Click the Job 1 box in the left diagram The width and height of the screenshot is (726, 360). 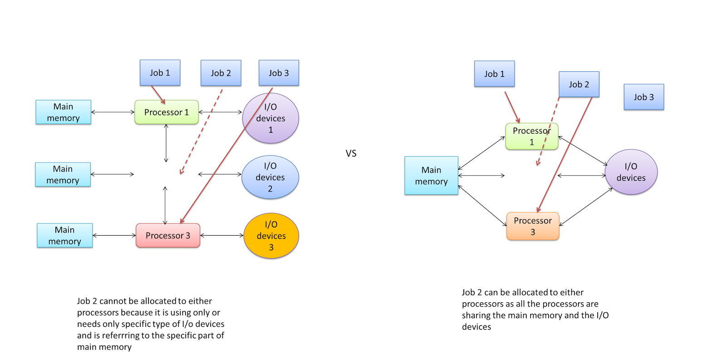160,73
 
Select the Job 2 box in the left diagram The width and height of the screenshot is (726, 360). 221,73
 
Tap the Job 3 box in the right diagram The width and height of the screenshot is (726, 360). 643,97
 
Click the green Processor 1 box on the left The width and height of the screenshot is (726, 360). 166,112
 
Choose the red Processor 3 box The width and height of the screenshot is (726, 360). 167,235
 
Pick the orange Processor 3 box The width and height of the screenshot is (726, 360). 532,226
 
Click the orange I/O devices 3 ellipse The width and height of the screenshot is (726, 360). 271,236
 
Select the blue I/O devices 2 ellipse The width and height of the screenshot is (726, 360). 270,177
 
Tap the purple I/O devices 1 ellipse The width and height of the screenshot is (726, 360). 270,118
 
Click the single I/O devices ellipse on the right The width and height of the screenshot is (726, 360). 631,172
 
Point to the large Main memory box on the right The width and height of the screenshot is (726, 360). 431,175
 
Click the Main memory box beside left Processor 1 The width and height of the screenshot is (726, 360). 63,112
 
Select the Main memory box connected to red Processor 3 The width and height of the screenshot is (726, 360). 64,235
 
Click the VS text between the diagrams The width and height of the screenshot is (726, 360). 351,153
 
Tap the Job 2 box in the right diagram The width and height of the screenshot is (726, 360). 579,84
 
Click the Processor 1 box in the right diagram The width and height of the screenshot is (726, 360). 531,136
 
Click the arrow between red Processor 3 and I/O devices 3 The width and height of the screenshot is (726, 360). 222,235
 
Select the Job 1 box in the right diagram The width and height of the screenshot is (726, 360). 494,74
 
